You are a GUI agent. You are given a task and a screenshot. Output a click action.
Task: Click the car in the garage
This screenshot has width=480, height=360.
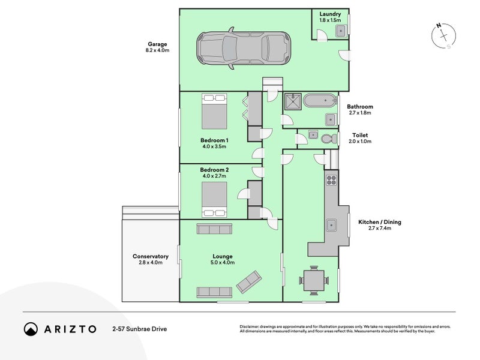pos(244,49)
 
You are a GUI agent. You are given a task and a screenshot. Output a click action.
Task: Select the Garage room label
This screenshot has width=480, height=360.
pos(157,44)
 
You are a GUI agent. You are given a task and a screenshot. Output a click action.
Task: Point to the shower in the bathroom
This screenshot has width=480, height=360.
pos(293,101)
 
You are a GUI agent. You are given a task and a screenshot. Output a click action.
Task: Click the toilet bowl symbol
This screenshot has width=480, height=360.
pos(328,139)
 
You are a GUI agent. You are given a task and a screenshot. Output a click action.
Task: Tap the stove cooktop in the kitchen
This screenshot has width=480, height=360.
pos(331,180)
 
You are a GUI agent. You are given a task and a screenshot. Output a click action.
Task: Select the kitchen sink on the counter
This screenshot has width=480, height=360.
pos(331,225)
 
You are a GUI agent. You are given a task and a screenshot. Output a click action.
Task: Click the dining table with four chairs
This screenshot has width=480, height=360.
pos(314,280)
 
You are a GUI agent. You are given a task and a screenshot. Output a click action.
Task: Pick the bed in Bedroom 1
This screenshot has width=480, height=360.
pos(214,112)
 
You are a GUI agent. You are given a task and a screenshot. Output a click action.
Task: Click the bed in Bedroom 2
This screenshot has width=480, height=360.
pos(214,200)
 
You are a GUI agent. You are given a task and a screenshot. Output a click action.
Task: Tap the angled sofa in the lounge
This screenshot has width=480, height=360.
pos(249,281)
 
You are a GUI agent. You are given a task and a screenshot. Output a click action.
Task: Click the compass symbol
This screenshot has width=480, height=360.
pos(443,36)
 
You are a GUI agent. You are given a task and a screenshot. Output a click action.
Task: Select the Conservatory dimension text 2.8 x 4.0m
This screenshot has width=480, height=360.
pos(151,262)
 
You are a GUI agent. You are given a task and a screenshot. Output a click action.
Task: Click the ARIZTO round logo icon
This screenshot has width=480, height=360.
pos(31,329)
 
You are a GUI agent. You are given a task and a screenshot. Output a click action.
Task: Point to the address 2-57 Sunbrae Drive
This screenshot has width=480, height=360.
pos(140,329)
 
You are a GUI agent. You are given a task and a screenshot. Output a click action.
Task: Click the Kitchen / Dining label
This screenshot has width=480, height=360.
pos(380,222)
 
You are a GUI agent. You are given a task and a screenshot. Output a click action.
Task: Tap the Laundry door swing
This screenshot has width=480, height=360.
pos(322,35)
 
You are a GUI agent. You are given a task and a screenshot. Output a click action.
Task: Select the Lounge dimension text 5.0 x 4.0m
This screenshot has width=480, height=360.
pos(223,262)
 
